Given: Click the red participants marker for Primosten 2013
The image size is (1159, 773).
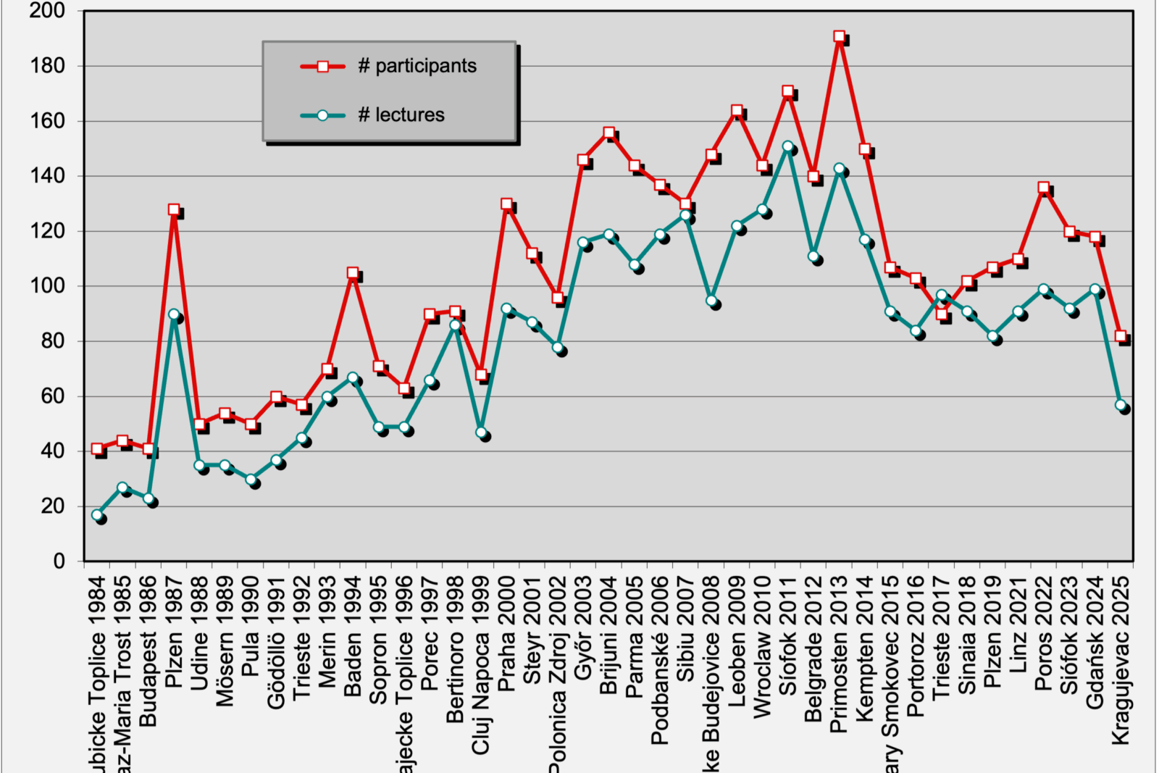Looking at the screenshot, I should [839, 36].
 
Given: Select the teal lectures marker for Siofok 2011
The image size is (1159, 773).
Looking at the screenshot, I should [788, 146].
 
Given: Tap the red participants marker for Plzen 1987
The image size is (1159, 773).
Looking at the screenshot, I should [174, 209].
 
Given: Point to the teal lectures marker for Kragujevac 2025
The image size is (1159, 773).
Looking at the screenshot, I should [1121, 406].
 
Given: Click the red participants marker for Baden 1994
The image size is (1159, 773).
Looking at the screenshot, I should [353, 273].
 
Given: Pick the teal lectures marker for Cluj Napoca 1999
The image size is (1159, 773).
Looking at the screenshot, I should [481, 433].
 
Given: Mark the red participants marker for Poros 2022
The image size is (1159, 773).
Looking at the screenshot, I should [1044, 188].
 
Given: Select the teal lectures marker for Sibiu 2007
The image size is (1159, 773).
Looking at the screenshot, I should [685, 215].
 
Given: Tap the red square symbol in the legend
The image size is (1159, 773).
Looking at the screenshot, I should [322, 67].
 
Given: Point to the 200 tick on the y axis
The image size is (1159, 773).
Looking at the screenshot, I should [48, 11].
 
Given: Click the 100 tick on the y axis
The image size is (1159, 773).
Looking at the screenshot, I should [48, 286].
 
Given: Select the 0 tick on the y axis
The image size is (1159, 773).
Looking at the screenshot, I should [59, 561].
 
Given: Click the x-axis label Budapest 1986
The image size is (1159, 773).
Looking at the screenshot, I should [148, 651].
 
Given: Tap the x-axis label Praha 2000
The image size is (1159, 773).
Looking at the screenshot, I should [506, 632].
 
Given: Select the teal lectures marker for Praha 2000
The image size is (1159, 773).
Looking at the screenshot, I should [506, 309].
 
